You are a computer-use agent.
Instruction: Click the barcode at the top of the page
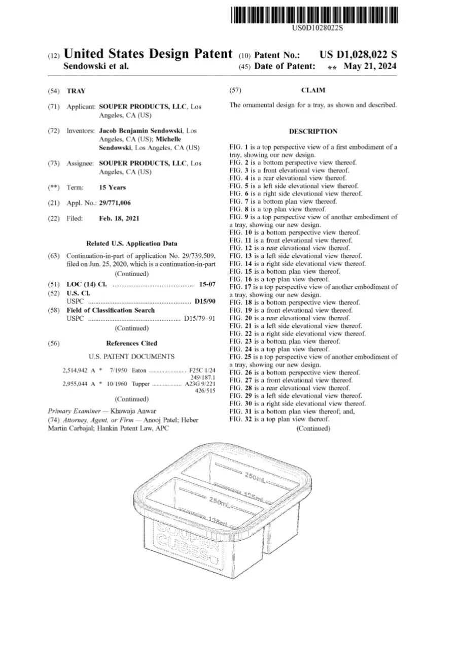pos(314,16)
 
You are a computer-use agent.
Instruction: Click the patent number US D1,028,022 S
pos(358,55)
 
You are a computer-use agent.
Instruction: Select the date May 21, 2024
pos(370,67)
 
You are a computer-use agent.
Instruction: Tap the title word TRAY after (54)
pos(76,91)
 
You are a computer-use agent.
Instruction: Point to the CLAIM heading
pos(313,90)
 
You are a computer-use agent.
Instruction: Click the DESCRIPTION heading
pos(313,131)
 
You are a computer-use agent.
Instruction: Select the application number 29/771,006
pos(115,203)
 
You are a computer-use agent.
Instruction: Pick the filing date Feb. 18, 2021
pos(119,218)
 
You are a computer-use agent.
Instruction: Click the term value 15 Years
pos(112,187)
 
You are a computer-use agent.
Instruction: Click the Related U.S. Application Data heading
pos(132,243)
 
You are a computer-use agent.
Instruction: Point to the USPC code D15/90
pos(205,302)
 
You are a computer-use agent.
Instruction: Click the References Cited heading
pos(131,343)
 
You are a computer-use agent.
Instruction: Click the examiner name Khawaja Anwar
pos(137,411)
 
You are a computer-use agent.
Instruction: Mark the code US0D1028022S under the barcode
pos(318,27)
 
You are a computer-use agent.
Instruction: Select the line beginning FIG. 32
pos(279,419)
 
